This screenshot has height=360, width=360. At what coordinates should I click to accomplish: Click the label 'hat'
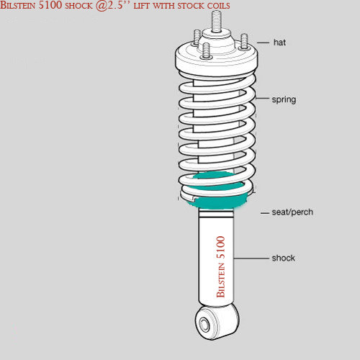click(279, 42)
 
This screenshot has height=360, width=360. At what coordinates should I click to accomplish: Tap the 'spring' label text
click(284, 99)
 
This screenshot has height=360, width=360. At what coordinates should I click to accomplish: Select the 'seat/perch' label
click(292, 212)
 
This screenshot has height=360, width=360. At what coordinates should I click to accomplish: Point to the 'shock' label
click(284, 258)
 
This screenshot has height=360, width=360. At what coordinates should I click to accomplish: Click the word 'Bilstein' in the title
click(18, 5)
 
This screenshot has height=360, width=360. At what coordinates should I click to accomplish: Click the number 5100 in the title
click(50, 5)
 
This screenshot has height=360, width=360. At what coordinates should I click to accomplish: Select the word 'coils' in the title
click(219, 6)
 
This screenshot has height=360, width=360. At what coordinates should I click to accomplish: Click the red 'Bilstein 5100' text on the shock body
click(220, 267)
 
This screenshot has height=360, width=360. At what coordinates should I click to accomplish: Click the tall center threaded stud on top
click(216, 21)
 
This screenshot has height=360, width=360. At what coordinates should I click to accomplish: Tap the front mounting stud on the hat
click(206, 50)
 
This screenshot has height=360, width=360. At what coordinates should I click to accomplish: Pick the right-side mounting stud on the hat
click(244, 41)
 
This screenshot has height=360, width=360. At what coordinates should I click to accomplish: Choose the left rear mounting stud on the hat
click(197, 37)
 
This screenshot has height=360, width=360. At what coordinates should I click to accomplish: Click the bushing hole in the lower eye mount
click(204, 325)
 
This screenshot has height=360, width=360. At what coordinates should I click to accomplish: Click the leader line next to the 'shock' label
click(251, 258)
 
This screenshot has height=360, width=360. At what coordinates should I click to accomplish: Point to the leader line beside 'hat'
click(263, 42)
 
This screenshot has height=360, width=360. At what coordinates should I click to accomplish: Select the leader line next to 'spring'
click(262, 99)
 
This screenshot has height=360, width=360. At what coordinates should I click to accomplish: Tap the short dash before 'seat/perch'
click(265, 213)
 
